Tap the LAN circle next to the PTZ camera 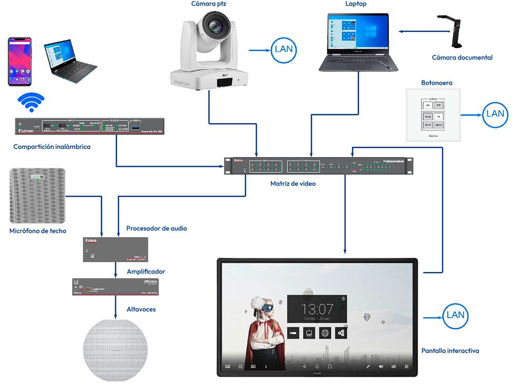284,50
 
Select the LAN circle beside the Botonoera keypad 495,114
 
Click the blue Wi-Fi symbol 31,102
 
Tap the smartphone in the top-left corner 19,62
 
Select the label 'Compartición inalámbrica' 52,147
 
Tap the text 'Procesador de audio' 156,228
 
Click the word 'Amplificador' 146,271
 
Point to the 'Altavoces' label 141,309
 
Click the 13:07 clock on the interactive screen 317,309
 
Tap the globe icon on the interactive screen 325,333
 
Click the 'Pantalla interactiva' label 450,351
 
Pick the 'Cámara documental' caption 462,57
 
